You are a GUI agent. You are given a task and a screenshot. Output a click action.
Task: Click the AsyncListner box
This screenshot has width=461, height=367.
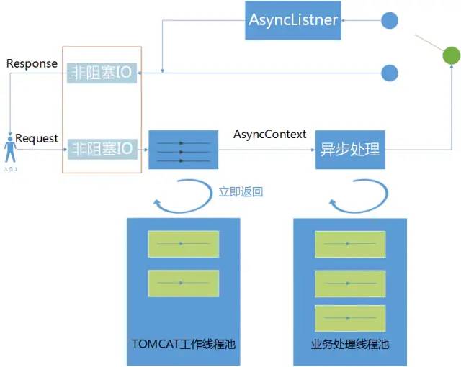point(293,20)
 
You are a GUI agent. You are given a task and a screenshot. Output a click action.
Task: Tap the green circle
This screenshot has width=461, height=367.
point(450,55)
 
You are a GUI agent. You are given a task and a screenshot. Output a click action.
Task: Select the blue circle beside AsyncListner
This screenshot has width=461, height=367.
point(390,20)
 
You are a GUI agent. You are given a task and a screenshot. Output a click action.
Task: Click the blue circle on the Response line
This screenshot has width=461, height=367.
point(390,72)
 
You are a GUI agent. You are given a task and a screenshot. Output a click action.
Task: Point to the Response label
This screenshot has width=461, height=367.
point(32,63)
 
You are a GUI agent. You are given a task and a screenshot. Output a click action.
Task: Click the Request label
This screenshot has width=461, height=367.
point(37,138)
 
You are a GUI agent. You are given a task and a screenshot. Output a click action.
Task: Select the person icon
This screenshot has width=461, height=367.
point(9,151)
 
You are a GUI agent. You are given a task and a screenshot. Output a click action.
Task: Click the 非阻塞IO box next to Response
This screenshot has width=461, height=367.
point(102,73)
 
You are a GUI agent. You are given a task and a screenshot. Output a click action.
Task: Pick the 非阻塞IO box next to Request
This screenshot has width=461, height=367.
point(102,150)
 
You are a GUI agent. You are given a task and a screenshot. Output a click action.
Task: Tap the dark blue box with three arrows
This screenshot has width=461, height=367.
point(183,150)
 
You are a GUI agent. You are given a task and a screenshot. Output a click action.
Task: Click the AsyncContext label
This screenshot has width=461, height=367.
point(270,135)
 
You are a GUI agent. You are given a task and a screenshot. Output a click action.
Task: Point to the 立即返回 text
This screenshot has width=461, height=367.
point(241,192)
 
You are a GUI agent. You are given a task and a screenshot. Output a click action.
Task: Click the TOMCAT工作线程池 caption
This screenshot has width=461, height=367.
point(184,345)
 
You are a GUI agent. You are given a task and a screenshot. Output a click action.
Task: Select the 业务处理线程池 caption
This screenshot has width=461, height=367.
point(351,345)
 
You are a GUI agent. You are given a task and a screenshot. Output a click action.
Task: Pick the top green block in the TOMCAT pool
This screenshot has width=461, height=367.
point(183,244)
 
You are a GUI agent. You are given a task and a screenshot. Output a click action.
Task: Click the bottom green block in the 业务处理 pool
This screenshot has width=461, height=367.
point(351,318)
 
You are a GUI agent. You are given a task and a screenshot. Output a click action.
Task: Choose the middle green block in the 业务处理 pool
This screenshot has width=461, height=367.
point(351,283)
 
